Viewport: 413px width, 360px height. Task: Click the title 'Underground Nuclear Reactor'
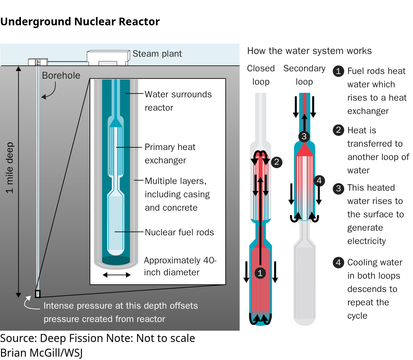click(x=80, y=22)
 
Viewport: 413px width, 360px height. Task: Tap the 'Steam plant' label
click(x=157, y=54)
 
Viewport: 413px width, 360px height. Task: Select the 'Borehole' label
click(x=61, y=75)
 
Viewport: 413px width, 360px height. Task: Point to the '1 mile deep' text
click(x=10, y=168)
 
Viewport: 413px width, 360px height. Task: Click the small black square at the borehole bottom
click(x=38, y=294)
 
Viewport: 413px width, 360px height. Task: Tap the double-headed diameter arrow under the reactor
click(x=117, y=275)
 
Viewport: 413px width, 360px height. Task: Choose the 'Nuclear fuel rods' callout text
click(x=179, y=232)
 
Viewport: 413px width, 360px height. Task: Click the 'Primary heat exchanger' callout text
click(x=170, y=154)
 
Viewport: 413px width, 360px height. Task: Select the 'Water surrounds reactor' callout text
click(x=178, y=101)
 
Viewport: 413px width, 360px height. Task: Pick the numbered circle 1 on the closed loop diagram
click(x=260, y=273)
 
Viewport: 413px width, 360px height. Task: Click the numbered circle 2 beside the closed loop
click(x=276, y=162)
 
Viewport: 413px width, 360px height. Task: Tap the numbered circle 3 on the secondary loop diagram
click(x=304, y=136)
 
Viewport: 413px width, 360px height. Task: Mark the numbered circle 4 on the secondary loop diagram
click(x=319, y=180)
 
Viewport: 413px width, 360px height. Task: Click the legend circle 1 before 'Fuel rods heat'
click(x=338, y=71)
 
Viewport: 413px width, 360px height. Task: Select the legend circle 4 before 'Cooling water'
click(x=338, y=262)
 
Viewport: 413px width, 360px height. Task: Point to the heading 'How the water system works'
click(x=309, y=51)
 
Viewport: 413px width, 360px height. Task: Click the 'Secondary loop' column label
click(x=304, y=75)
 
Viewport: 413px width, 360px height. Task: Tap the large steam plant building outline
click(x=108, y=58)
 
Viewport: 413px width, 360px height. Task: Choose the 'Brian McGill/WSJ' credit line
click(x=41, y=353)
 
